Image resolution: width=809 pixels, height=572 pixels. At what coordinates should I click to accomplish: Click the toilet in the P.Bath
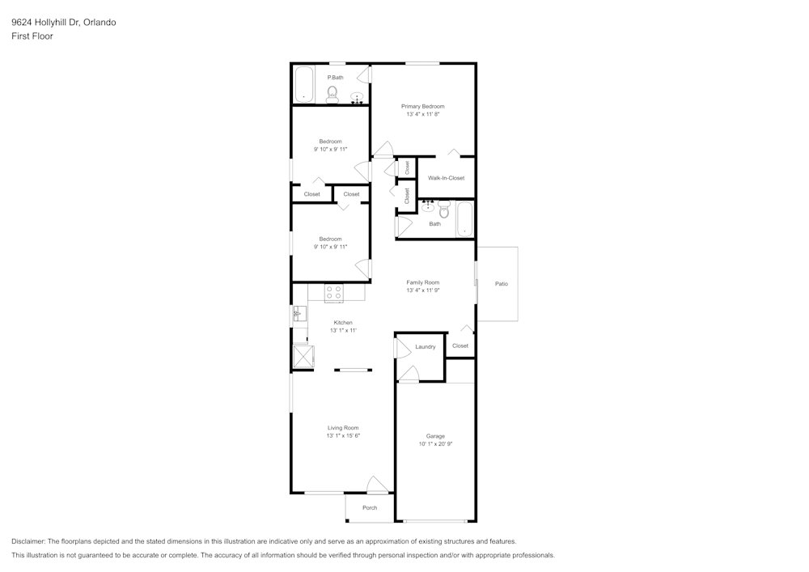(x=332, y=95)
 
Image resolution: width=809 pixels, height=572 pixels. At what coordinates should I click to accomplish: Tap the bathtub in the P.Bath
(x=303, y=84)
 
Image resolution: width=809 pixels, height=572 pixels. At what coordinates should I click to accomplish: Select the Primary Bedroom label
(x=422, y=106)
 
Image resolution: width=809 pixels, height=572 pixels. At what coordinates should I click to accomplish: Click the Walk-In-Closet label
(x=446, y=178)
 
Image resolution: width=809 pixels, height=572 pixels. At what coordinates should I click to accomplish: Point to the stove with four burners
(x=333, y=292)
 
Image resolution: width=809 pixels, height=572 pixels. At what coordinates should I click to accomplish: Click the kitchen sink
(x=298, y=313)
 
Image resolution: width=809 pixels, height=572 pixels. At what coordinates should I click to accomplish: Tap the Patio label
(x=502, y=284)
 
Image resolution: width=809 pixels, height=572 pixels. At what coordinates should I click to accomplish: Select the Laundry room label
(x=425, y=347)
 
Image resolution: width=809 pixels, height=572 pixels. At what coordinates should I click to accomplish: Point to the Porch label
(x=370, y=508)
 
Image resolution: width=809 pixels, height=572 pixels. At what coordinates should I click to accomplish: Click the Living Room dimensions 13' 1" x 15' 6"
(x=343, y=436)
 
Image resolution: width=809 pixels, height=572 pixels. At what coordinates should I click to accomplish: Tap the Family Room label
(x=422, y=282)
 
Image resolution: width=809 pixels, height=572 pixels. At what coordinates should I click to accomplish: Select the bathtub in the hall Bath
(x=464, y=218)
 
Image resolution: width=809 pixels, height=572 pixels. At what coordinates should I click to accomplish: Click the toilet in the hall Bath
(x=444, y=210)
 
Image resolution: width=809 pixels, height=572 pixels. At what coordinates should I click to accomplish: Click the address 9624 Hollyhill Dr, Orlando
(x=63, y=23)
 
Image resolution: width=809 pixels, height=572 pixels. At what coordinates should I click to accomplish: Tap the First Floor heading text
(x=32, y=36)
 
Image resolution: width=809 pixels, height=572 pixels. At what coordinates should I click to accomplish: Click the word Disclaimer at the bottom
(x=28, y=541)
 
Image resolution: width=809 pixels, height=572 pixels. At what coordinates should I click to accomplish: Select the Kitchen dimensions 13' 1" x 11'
(x=343, y=331)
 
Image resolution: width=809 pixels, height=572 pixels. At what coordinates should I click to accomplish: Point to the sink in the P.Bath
(x=357, y=98)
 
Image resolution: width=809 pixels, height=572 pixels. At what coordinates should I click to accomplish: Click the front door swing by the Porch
(x=377, y=485)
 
